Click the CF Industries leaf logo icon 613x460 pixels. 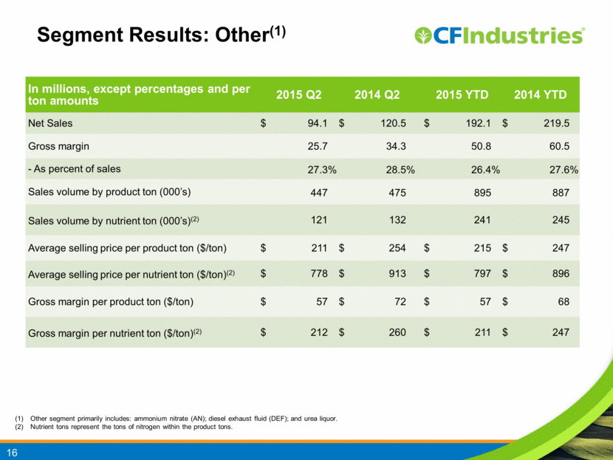point(422,35)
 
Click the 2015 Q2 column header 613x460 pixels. point(298,95)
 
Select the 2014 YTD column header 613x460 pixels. point(541,95)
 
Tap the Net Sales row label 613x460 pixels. point(50,123)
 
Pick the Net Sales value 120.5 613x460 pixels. point(394,123)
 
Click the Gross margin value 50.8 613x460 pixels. point(481,146)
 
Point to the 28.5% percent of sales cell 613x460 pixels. point(400,170)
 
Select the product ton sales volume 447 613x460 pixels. point(319,193)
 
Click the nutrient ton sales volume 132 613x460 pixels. point(397,220)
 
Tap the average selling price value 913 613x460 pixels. point(397,274)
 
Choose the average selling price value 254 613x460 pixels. point(397,248)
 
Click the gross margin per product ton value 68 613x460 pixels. point(564,302)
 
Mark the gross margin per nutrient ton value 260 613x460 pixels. point(397,332)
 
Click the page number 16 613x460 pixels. point(12,453)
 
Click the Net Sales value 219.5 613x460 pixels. point(557,123)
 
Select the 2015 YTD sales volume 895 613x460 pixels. point(482,193)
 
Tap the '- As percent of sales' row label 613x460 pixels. point(75,169)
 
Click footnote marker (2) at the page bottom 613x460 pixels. point(19,427)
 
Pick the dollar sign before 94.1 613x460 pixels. point(264,123)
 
